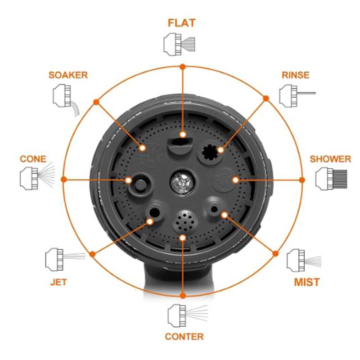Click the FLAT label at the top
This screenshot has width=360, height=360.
182,23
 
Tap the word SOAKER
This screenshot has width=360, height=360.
68,75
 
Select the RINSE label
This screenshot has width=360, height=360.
296,75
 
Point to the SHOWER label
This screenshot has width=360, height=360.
330,159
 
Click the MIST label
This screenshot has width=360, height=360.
307,282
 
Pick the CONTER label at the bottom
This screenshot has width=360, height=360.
184,337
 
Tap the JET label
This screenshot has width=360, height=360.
58,282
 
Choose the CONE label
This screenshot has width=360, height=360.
33,159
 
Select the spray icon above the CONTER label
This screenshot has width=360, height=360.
188,316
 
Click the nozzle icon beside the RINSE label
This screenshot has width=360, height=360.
297,96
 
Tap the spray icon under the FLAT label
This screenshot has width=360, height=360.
179,44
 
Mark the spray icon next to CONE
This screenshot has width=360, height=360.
38,176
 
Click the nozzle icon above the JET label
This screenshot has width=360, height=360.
65,259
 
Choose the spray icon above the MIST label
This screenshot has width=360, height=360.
304,261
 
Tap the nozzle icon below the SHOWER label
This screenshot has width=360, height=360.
331,179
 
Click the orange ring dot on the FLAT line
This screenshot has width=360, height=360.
183,67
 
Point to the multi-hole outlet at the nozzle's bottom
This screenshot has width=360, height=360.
185,221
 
